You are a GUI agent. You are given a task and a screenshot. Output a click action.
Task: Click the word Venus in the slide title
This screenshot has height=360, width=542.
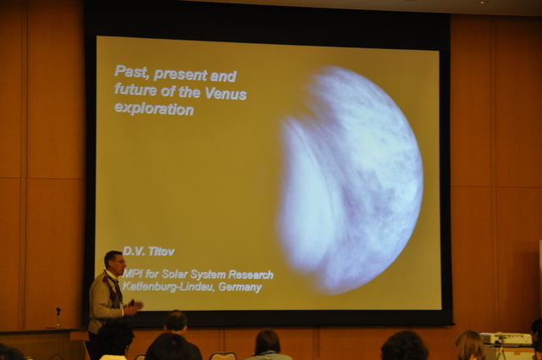(225, 93)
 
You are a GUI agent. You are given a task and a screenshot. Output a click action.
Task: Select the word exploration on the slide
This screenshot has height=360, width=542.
(154, 108)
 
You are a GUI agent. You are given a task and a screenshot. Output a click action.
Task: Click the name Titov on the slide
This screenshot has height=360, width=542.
(161, 252)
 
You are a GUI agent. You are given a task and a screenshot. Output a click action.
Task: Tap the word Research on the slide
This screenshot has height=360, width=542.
(251, 275)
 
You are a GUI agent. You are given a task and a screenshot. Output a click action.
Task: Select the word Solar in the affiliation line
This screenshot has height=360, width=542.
(174, 274)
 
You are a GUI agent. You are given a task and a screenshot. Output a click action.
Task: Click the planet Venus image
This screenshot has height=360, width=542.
(350, 180)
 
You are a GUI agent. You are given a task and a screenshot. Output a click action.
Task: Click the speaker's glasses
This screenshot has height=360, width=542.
(119, 262)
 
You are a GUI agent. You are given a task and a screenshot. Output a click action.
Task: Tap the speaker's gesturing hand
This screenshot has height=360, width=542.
(135, 306)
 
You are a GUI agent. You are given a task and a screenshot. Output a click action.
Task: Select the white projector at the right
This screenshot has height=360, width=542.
(506, 340)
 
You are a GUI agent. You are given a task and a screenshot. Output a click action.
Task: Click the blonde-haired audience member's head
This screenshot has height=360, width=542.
(470, 345)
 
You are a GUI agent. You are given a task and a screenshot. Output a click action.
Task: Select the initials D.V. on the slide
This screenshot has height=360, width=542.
(134, 251)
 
